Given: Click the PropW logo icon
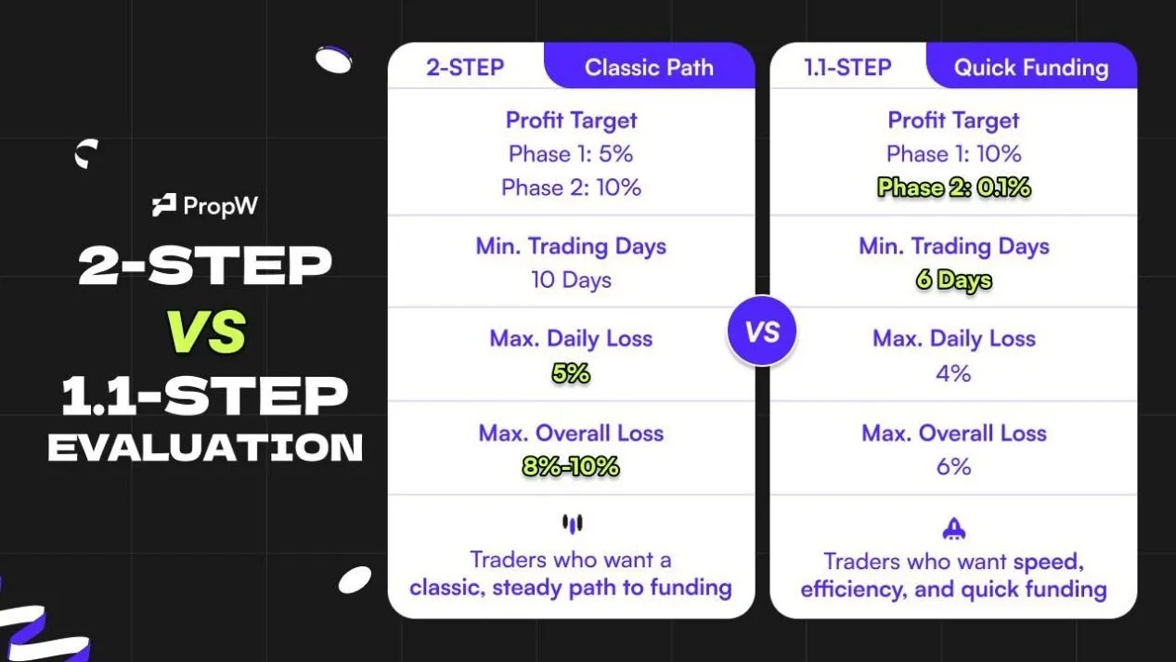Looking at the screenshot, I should (164, 205).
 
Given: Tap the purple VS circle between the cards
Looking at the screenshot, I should (762, 331).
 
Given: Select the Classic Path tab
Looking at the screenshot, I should (649, 68).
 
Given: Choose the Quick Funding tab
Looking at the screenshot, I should (1031, 68).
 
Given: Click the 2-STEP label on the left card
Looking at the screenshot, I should (465, 68).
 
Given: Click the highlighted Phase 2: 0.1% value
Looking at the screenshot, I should (954, 188).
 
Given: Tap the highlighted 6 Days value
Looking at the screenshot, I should (954, 280).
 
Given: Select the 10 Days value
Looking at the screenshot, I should (571, 280).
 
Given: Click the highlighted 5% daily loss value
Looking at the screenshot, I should (571, 373).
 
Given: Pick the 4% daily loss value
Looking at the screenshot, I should (954, 373).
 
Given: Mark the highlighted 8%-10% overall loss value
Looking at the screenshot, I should (571, 466).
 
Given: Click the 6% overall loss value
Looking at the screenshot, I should (954, 466).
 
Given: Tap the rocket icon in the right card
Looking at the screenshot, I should (954, 528).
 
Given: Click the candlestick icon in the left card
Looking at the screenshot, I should (572, 525).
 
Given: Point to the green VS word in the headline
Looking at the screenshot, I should (205, 331).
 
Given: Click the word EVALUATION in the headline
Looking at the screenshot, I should (205, 448).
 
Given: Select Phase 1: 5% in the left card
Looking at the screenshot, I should (571, 154).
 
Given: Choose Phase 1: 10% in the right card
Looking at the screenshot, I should (954, 154).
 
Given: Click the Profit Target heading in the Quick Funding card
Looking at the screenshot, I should (954, 121).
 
